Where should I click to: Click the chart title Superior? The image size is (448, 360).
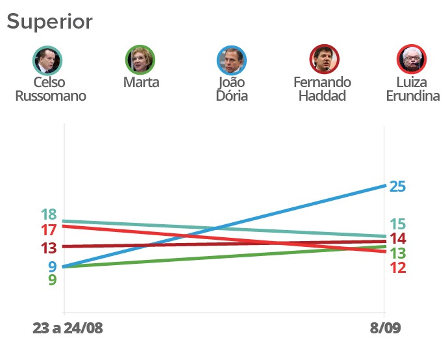(x=49, y=21)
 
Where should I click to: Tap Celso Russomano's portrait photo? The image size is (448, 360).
(x=47, y=60)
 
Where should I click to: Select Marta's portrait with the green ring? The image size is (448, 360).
(x=140, y=60)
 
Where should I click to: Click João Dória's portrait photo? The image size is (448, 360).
(x=231, y=60)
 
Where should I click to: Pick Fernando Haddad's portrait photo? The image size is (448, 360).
(x=323, y=60)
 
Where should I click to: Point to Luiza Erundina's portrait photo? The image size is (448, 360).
(x=412, y=60)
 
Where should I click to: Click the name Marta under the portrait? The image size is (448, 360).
(x=141, y=83)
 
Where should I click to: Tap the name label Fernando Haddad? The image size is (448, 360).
(x=322, y=89)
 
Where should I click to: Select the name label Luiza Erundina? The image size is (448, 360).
(x=412, y=89)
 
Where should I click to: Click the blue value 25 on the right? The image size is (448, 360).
(x=397, y=186)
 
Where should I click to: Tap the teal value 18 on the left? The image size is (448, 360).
(x=49, y=215)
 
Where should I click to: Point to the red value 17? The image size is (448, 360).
(x=49, y=230)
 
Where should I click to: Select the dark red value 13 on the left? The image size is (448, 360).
(x=49, y=248)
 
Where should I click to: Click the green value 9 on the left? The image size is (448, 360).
(x=53, y=281)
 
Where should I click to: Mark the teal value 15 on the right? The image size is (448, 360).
(x=397, y=225)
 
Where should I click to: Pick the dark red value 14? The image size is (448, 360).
(x=397, y=238)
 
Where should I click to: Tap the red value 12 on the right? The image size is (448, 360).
(x=397, y=268)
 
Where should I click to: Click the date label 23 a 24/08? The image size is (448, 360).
(x=68, y=328)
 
